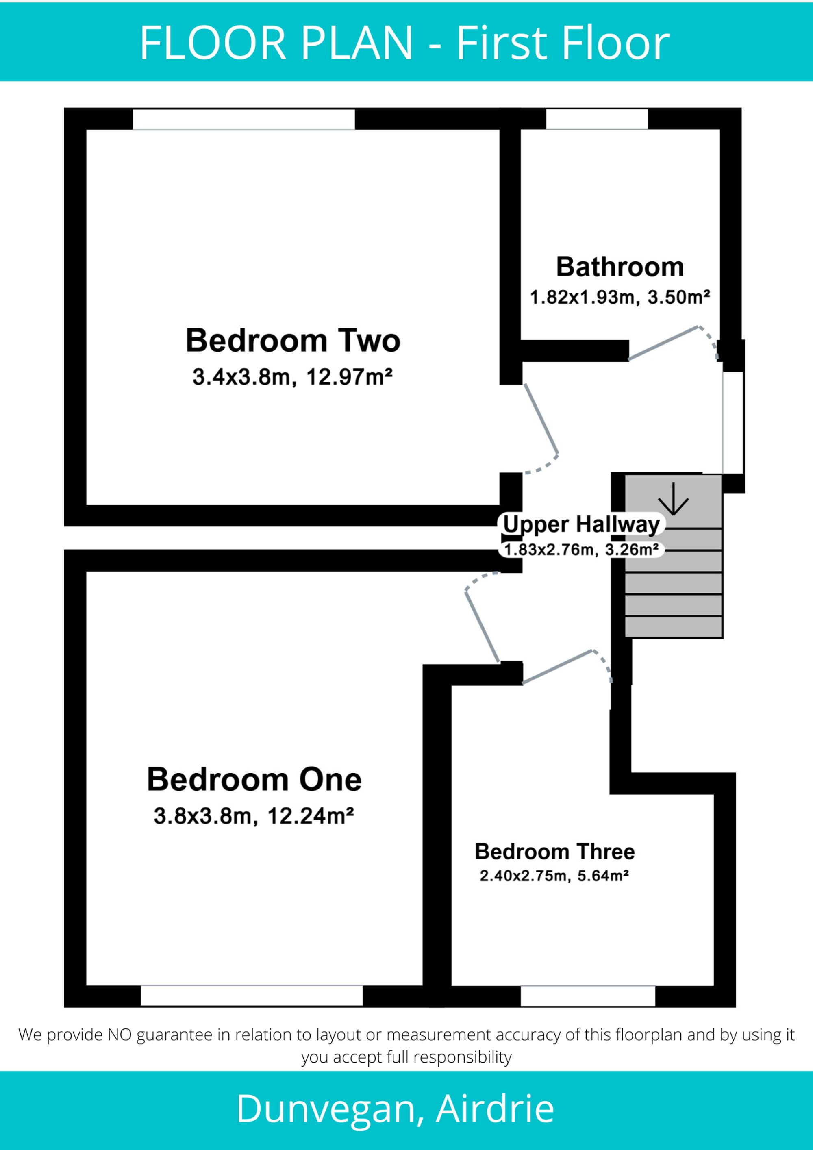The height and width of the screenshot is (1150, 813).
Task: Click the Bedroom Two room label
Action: pyautogui.click(x=293, y=341)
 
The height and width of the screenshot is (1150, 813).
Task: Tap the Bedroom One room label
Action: pyautogui.click(x=254, y=779)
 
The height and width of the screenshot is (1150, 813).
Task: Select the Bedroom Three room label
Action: pyautogui.click(x=554, y=852)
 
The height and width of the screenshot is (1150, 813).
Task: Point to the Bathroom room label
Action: pyautogui.click(x=620, y=267)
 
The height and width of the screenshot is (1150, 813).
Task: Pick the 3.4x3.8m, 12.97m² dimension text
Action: pyautogui.click(x=293, y=377)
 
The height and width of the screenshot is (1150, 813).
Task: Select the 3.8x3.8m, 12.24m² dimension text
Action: pyautogui.click(x=254, y=816)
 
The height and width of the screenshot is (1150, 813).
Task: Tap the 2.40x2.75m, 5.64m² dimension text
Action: pyautogui.click(x=554, y=876)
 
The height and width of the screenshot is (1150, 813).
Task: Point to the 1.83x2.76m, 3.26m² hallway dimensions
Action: pyautogui.click(x=581, y=550)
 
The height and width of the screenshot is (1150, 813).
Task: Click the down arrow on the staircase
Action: pyautogui.click(x=674, y=499)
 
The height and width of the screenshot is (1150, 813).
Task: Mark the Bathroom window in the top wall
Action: pyautogui.click(x=597, y=119)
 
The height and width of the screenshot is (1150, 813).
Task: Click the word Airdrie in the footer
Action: pyautogui.click(x=495, y=1109)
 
